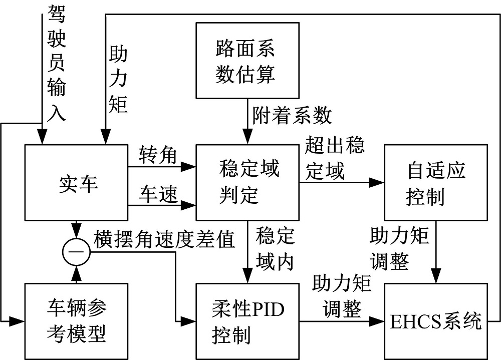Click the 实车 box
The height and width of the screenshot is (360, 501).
pos(76,183)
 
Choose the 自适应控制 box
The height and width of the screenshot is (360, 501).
pos(435,183)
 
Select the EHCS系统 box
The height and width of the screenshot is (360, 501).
pos(435,321)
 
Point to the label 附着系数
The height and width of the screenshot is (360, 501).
pos(292,116)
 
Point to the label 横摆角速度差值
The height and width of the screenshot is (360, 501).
pos(164,240)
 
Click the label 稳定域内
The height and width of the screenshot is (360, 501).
pos(275,249)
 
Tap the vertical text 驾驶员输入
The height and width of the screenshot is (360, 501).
pos(56,63)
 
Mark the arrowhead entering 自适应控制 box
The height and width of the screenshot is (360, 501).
pos(379,183)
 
